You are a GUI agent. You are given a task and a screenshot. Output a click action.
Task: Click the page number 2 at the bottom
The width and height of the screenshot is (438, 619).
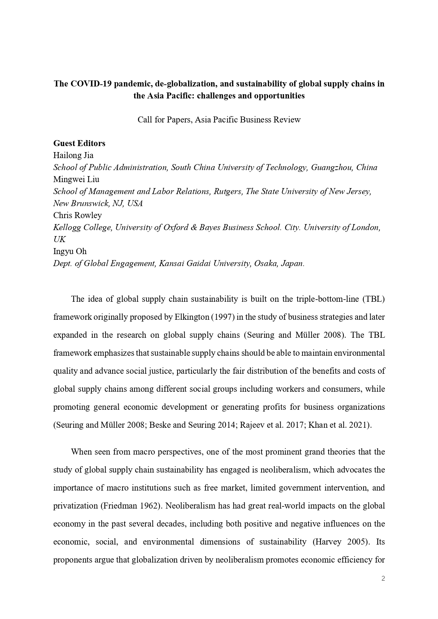click(383, 578)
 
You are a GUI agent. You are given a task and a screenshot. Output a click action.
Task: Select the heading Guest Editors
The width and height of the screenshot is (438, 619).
click(79, 143)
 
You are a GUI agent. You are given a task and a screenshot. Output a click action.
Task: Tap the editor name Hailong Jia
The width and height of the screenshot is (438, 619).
click(73, 155)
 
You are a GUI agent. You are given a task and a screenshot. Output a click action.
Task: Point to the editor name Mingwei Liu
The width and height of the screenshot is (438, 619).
click(76, 179)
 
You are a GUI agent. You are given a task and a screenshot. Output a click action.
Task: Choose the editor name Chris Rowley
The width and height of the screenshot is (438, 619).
click(77, 215)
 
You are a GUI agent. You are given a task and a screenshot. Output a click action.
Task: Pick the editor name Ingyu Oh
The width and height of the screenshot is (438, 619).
click(70, 251)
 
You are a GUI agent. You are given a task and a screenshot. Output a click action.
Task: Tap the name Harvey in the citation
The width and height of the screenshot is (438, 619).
click(328, 542)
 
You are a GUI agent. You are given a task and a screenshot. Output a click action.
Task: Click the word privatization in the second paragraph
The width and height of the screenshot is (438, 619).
click(76, 506)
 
